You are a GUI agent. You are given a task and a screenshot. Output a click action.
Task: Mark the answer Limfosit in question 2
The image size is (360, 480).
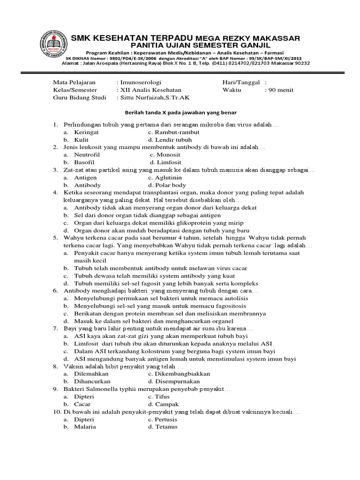click(x=167, y=162)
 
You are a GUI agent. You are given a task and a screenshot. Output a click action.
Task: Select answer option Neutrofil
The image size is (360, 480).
click(x=87, y=155)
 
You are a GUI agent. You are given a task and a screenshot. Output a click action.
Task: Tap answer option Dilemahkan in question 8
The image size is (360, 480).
click(x=91, y=374)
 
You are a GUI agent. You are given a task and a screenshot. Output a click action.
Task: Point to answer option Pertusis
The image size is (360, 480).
click(x=166, y=419)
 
